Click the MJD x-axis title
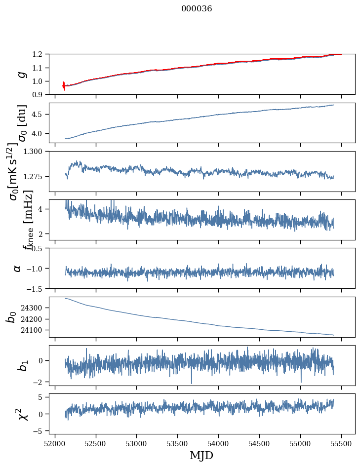pyautogui.click(x=201, y=455)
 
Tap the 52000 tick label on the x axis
pyautogui.click(x=55, y=443)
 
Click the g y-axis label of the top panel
pyautogui.click(x=21, y=75)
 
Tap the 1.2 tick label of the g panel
pyautogui.click(x=38, y=54)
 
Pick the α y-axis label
pyautogui.click(x=18, y=268)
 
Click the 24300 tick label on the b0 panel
pyautogui.click(x=33, y=308)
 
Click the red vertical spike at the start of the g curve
pyautogui.click(x=64, y=85)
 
